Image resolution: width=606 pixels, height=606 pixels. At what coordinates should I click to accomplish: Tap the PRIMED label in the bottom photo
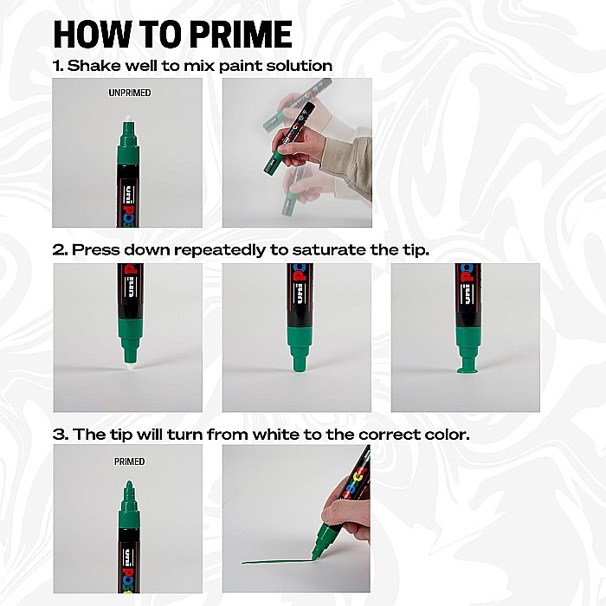click(x=129, y=462)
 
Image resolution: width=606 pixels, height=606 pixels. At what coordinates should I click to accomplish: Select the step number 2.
click(x=59, y=249)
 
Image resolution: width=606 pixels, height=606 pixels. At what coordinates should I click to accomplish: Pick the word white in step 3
click(x=276, y=435)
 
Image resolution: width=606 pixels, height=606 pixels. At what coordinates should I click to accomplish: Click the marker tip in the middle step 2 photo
click(x=298, y=360)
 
